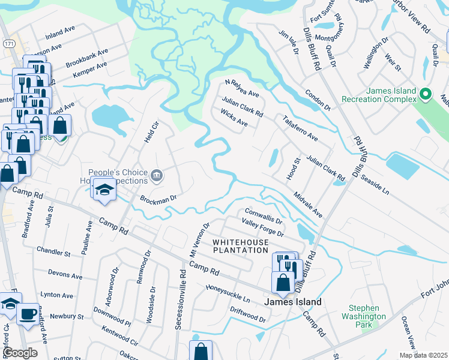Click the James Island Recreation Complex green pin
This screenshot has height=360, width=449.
point(426,94)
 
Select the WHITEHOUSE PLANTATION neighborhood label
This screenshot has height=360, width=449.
point(240,245)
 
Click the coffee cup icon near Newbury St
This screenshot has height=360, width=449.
point(27,313)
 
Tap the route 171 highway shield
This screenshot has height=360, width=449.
point(7,44)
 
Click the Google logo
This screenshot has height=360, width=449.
point(20,353)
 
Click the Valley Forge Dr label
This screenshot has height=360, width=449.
point(262,229)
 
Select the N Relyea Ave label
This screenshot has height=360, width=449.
point(241,89)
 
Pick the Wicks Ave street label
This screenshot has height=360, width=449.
point(234,118)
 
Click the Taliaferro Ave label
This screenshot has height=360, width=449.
point(300,128)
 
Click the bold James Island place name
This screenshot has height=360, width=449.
point(292,302)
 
